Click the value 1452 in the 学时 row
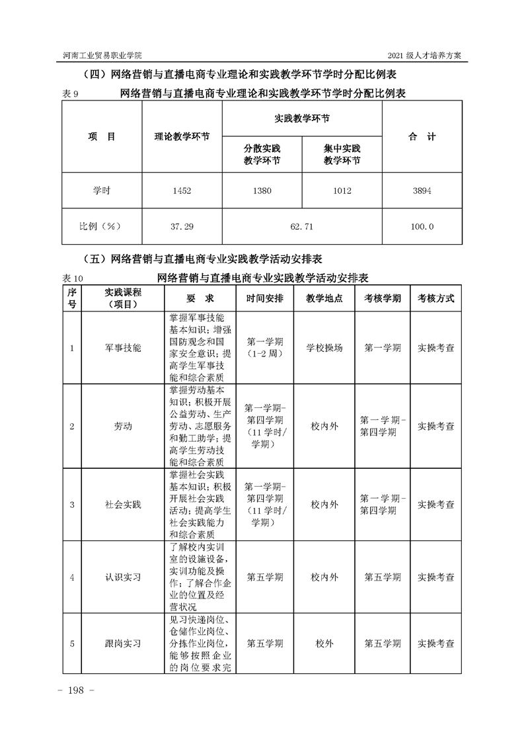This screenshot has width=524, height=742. tap(182, 191)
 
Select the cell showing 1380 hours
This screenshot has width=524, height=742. tap(262, 191)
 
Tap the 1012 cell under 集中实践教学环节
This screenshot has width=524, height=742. tap(342, 191)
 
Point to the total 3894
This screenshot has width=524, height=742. tap(422, 191)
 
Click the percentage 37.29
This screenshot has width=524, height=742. tap(182, 226)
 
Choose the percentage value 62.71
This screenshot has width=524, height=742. tap(302, 226)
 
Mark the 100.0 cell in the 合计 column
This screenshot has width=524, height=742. tap(422, 226)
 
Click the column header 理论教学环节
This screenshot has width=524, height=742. tap(182, 137)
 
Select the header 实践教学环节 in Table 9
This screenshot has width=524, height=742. tap(302, 118)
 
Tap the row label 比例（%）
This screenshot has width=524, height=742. tap(101, 226)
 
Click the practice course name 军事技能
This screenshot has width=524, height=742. tap(123, 347)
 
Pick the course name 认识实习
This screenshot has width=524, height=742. tap(123, 577)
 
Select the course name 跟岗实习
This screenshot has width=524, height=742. tap(123, 643)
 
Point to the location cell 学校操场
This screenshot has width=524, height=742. tap(324, 347)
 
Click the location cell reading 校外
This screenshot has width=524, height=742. tap(324, 643)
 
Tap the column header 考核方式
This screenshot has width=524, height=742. tap(435, 298)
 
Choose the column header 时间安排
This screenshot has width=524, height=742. tap(265, 298)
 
